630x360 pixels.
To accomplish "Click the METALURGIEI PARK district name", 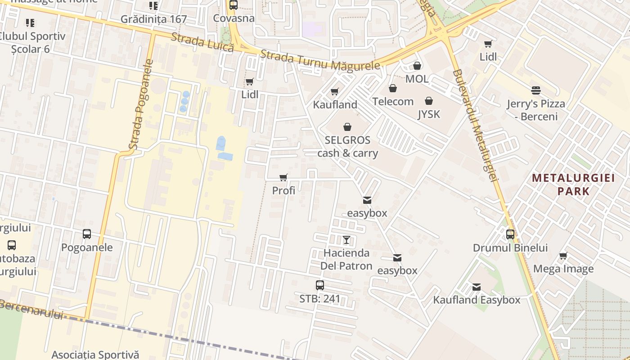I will click(573, 184).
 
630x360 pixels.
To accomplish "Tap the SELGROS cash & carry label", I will click(347, 146).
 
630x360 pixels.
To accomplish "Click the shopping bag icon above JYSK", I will click(429, 101).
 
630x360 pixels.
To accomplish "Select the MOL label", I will click(417, 79).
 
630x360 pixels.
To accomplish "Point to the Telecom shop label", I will click(393, 101).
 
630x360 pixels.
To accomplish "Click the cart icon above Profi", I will click(283, 178).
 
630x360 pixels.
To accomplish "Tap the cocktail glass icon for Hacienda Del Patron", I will click(346, 240).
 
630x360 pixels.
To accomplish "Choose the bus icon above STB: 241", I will click(320, 285).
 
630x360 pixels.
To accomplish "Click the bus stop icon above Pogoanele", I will click(87, 234).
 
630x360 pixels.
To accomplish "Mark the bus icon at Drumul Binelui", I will click(510, 234).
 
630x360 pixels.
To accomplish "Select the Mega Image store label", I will click(563, 269).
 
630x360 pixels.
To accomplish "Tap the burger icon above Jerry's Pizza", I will click(536, 90).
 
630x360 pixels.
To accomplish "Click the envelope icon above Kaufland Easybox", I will click(477, 287).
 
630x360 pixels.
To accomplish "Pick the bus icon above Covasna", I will click(234, 5).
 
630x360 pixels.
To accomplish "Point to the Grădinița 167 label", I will click(153, 19).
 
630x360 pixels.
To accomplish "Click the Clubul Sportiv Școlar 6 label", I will click(31, 42).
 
